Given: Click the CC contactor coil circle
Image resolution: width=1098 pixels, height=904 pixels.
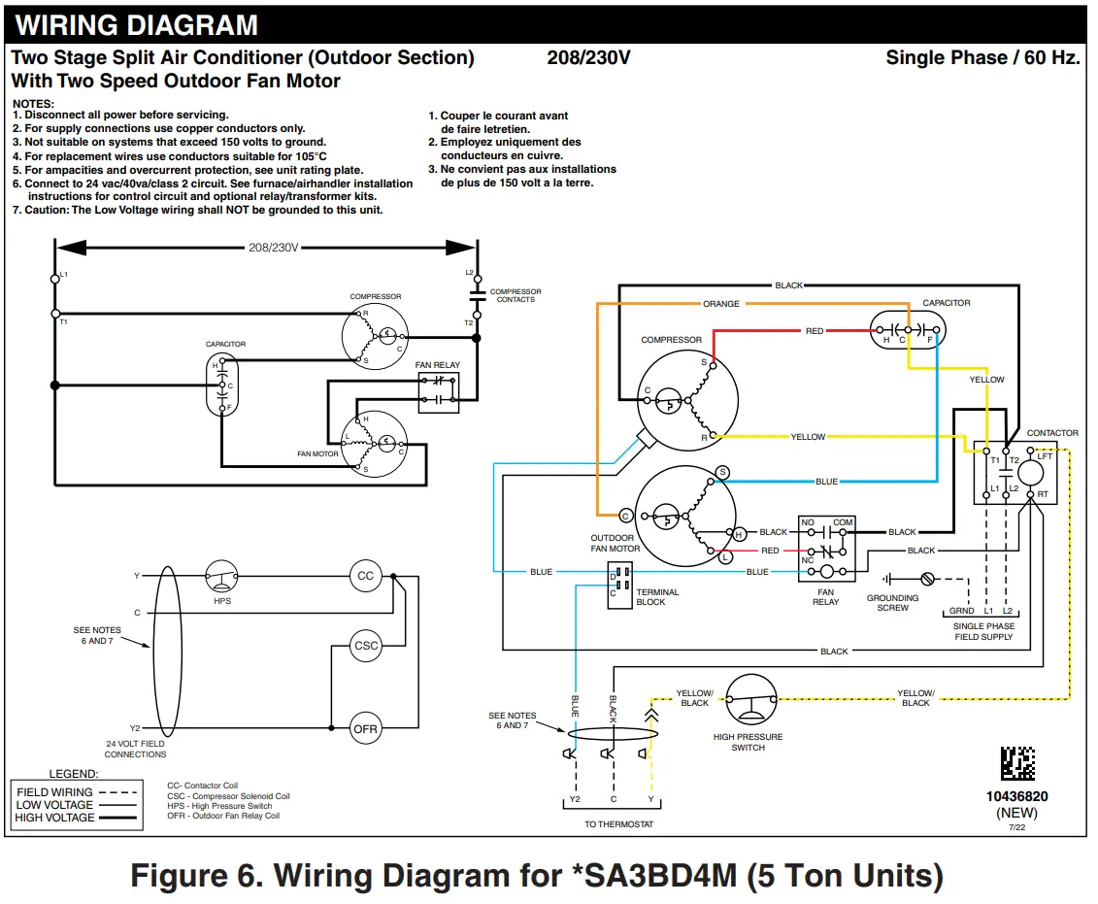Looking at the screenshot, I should tap(365, 576).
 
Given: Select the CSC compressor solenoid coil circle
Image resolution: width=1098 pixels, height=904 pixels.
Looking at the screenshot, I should tap(366, 646).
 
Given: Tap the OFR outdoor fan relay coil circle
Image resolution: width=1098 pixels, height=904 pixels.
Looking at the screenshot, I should tap(365, 729).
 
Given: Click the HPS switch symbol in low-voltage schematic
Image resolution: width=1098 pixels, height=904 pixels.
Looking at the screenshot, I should tap(222, 576).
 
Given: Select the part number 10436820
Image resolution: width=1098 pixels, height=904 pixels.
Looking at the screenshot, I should tap(1016, 796).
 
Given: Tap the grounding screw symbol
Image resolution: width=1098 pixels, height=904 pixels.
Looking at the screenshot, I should tap(926, 579).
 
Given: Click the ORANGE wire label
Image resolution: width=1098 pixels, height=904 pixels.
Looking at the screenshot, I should tap(720, 304).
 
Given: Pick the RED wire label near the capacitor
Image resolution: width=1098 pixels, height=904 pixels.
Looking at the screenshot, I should tap(815, 331).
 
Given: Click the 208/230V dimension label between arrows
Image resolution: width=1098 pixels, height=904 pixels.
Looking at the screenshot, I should tap(272, 248).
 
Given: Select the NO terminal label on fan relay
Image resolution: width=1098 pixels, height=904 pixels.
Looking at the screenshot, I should tap(808, 522).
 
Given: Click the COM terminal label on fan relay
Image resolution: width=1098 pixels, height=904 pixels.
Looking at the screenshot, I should tap(842, 522).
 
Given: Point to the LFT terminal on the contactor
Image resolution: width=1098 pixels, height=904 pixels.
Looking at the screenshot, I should tap(1045, 455).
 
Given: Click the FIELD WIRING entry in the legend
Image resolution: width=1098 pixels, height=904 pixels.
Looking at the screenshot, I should tap(54, 792).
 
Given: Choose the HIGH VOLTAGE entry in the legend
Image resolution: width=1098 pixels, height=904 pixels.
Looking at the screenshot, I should tap(54, 818).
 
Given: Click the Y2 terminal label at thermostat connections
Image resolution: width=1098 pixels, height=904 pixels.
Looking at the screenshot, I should tap(574, 799).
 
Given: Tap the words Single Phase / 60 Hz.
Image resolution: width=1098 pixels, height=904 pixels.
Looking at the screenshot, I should tap(982, 58).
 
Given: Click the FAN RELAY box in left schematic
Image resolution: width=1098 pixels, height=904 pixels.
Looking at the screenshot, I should tap(438, 390).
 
